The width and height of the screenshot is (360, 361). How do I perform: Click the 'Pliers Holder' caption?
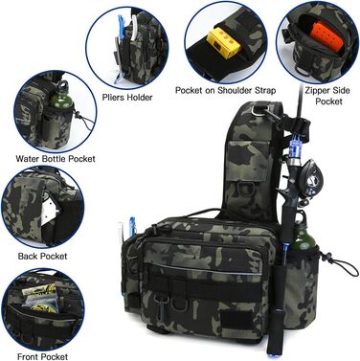[127, 97]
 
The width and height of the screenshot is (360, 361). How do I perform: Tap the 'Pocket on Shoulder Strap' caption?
[225, 90]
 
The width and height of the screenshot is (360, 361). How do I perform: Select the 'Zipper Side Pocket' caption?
[327, 96]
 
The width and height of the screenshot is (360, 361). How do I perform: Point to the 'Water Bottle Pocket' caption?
[56, 159]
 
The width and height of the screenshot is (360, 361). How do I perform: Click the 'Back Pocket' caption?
[42, 256]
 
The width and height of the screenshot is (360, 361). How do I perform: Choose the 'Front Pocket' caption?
[42, 356]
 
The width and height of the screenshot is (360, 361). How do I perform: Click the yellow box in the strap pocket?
[223, 43]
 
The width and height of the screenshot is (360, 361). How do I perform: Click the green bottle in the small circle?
[61, 95]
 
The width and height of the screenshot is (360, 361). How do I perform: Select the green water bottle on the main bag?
[304, 232]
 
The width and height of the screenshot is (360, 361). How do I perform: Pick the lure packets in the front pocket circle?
[40, 299]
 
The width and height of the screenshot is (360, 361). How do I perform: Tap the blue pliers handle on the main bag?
[132, 225]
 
